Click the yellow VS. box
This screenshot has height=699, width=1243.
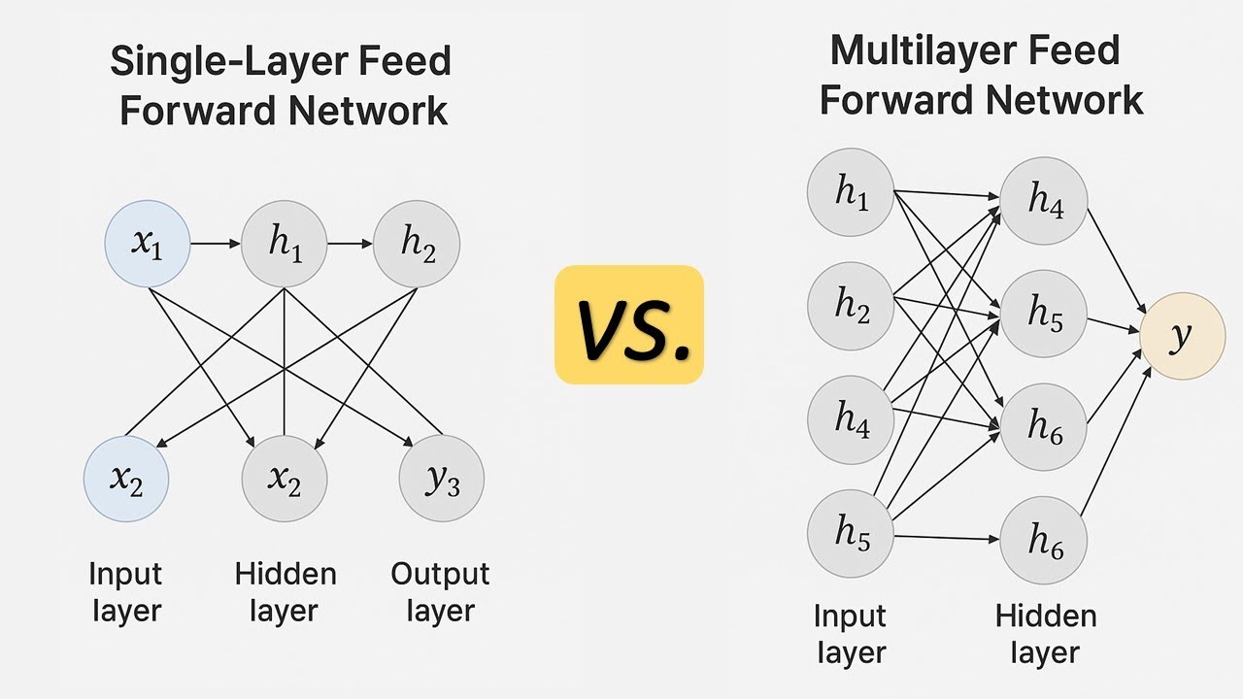pyautogui.click(x=628, y=324)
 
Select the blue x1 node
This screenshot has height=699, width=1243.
pyautogui.click(x=147, y=244)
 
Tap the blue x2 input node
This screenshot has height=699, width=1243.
pyautogui.click(x=126, y=480)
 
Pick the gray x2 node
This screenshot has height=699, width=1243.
pyautogui.click(x=284, y=480)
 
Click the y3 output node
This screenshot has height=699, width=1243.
pyautogui.click(x=442, y=480)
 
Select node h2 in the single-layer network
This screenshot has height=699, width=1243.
pyautogui.click(x=417, y=244)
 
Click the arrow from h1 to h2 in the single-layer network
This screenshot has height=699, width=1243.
pyautogui.click(x=350, y=244)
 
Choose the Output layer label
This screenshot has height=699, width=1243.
pyautogui.click(x=440, y=592)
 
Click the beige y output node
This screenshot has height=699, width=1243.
pyautogui.click(x=1183, y=336)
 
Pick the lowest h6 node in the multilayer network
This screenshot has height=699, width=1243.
pyautogui.click(x=1043, y=541)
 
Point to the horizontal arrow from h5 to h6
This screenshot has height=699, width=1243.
pyautogui.click(x=947, y=538)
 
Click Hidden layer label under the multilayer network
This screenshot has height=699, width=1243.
pyautogui.click(x=1045, y=634)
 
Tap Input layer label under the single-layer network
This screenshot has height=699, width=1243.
pyautogui.click(x=125, y=592)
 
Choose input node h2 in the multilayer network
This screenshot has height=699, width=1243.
pyautogui.click(x=851, y=306)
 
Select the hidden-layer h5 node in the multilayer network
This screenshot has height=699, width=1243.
pyautogui.click(x=1043, y=315)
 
